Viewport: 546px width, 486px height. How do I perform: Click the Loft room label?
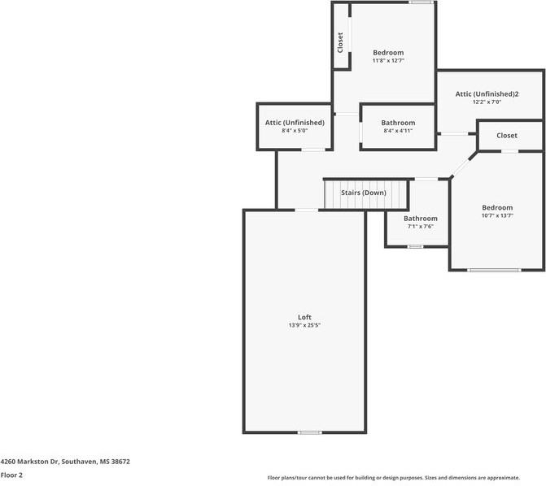pyautogui.click(x=304, y=317)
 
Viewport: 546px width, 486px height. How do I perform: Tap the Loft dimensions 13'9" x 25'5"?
pyautogui.click(x=304, y=326)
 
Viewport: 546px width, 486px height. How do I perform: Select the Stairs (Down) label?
pyautogui.click(x=363, y=193)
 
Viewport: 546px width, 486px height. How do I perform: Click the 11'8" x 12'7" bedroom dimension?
pyautogui.click(x=387, y=61)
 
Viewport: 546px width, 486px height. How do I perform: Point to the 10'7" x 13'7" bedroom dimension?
pyautogui.click(x=496, y=216)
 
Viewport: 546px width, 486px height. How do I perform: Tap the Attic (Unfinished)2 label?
pyautogui.click(x=488, y=94)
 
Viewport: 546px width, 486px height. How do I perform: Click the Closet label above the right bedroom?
pyautogui.click(x=506, y=136)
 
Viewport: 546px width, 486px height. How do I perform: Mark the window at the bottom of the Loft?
pyautogui.click(x=309, y=432)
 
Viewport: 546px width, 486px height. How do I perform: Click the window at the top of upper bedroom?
pyautogui.click(x=421, y=2)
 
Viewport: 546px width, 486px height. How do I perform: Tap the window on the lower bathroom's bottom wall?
pyautogui.click(x=415, y=245)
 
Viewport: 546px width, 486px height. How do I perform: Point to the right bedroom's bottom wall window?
pyautogui.click(x=494, y=270)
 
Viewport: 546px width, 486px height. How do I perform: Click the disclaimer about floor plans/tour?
pyautogui.click(x=394, y=478)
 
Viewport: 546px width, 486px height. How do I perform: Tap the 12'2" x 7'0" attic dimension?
pyautogui.click(x=488, y=103)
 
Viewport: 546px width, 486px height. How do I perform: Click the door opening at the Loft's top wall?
pyautogui.click(x=306, y=210)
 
